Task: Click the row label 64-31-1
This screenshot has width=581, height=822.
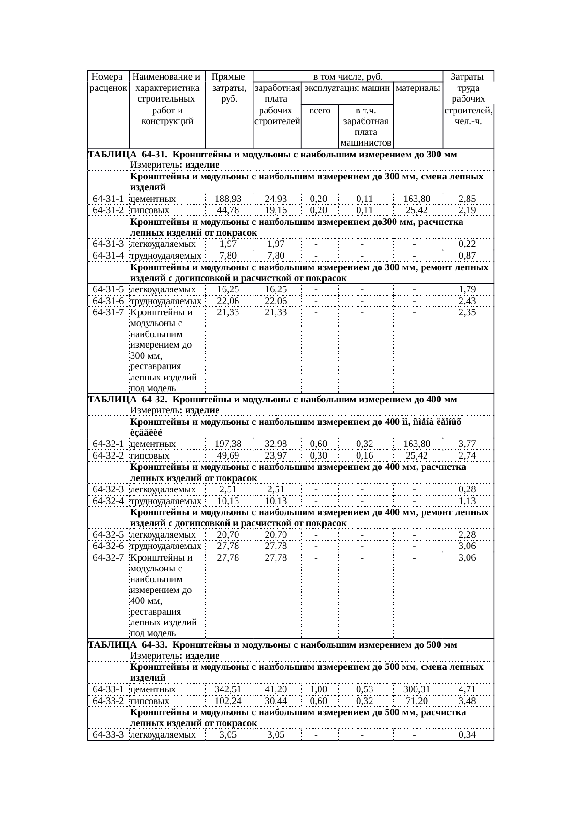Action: pyautogui.click(x=108, y=199)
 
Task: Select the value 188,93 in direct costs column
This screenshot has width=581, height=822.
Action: pyautogui.click(x=228, y=199)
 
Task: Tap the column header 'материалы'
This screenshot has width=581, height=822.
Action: pyautogui.click(x=418, y=88)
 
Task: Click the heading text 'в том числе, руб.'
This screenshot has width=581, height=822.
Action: pyautogui.click(x=348, y=76)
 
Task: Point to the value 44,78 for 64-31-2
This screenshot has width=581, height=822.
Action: pyautogui.click(x=228, y=210)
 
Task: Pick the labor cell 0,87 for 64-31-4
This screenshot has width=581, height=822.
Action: pyautogui.click(x=467, y=256)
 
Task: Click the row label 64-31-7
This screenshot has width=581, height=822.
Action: pyautogui.click(x=108, y=312)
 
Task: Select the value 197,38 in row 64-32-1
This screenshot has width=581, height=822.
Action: pyautogui.click(x=228, y=444)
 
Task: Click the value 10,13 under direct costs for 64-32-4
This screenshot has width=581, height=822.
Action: pyautogui.click(x=228, y=501)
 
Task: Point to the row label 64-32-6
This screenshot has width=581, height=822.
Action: pyautogui.click(x=108, y=546)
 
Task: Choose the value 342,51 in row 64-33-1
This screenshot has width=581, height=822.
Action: pyautogui.click(x=228, y=689)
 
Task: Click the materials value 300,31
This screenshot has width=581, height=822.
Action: pyautogui.click(x=417, y=689)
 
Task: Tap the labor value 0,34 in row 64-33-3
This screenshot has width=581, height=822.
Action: pyautogui.click(x=467, y=735)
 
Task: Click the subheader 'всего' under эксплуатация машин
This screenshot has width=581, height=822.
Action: pyautogui.click(x=320, y=111)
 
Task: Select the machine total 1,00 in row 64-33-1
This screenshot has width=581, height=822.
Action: pyautogui.click(x=319, y=689)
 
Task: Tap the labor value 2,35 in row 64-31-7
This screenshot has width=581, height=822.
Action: pyautogui.click(x=467, y=312)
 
